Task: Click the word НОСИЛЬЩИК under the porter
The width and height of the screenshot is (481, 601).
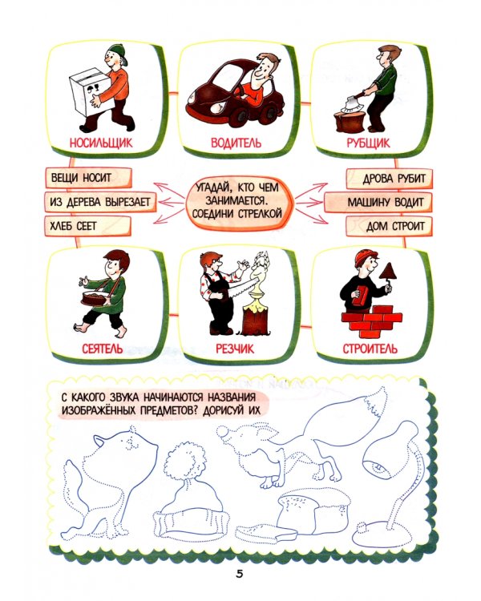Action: [101, 143]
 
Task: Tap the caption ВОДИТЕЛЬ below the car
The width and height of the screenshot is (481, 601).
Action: [236, 143]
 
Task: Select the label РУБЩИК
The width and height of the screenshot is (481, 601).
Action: [368, 143]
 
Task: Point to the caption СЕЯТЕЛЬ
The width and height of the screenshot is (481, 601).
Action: [103, 349]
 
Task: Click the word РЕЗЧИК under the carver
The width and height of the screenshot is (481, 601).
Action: [235, 349]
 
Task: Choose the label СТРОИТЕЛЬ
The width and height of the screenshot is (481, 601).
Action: [370, 349]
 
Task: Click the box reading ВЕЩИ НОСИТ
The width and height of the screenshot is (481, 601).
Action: [89, 178]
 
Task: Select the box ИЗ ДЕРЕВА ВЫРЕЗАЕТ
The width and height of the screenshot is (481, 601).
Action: [100, 202]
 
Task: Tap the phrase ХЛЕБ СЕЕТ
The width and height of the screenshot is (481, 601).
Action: [73, 226]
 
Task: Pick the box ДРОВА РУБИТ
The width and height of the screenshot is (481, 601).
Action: [390, 179]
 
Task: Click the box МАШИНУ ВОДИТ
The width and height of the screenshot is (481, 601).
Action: [378, 203]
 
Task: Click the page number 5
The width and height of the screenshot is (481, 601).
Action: [240, 574]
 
